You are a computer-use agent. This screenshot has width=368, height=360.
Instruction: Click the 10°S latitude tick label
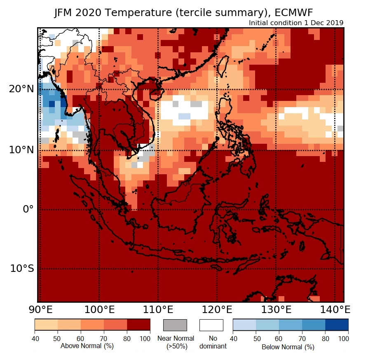(21, 269)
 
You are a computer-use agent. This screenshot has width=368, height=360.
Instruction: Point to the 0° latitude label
(27, 209)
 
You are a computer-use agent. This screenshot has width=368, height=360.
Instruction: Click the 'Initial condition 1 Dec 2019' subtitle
(296, 23)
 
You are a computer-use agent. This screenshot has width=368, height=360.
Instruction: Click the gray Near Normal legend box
(175, 325)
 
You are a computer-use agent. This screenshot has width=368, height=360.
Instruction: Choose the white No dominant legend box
(211, 325)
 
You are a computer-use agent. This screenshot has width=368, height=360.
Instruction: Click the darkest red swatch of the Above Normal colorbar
(138, 325)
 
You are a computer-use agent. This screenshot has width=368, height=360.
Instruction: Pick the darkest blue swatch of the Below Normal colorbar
(337, 325)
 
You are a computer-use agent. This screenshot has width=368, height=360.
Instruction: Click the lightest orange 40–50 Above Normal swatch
(46, 325)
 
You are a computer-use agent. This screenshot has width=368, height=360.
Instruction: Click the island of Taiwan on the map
(222, 66)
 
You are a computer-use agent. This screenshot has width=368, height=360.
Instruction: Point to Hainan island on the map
(151, 94)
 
